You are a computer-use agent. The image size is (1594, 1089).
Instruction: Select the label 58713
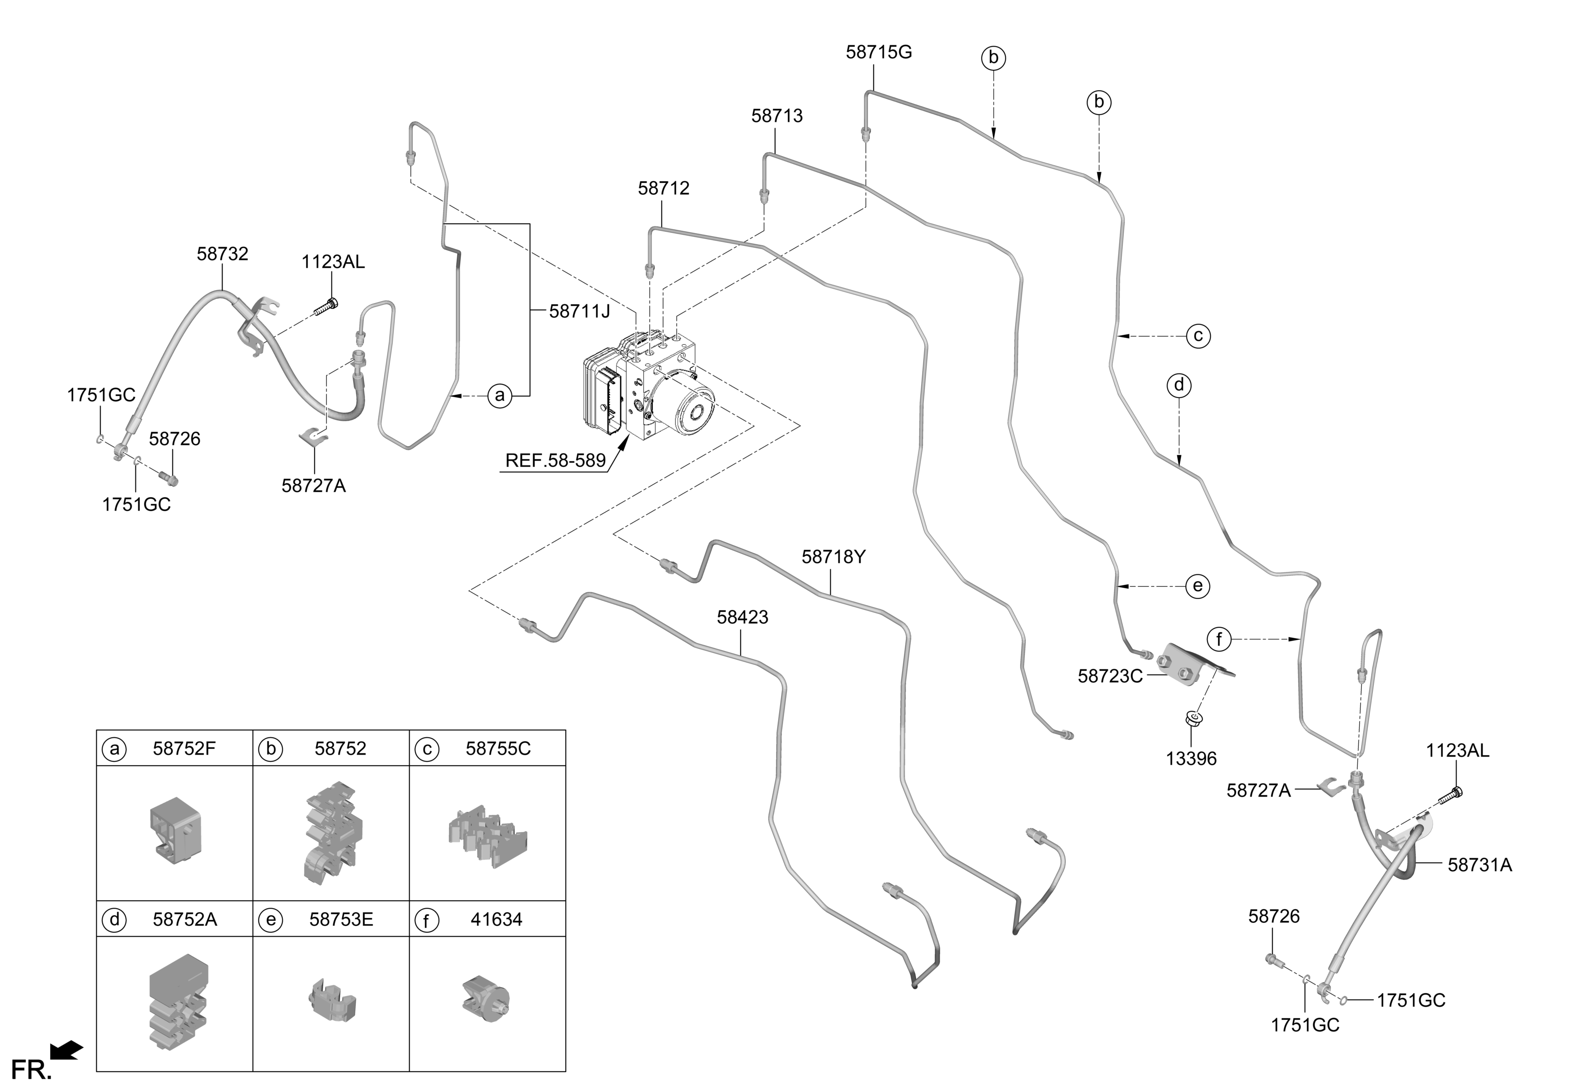(776, 116)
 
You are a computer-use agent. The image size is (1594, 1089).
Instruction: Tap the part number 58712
(663, 188)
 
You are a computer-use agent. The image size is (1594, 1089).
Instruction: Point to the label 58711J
(580, 311)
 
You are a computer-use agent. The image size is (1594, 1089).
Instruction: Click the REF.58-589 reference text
(556, 460)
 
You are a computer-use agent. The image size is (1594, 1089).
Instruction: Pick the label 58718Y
(833, 557)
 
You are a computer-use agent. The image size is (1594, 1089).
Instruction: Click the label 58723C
(1110, 676)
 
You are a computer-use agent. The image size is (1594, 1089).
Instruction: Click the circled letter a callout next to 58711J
(500, 396)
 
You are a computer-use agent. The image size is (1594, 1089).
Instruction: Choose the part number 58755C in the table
(498, 748)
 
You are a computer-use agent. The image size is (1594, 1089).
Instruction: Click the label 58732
(222, 254)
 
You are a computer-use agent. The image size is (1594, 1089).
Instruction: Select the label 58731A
(1479, 865)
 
